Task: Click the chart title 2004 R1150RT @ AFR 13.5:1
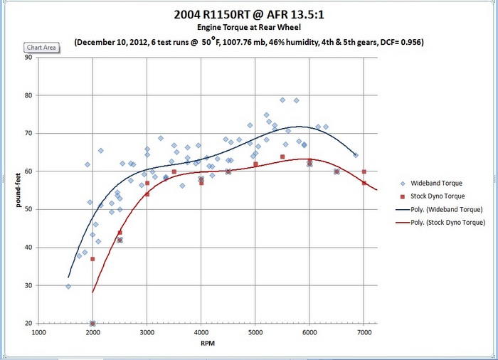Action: [x=248, y=14]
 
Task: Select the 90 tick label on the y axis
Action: [x=28, y=57]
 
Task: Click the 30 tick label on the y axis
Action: [x=28, y=285]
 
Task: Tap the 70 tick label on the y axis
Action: [x=28, y=133]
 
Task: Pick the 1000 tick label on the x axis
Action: [x=38, y=332]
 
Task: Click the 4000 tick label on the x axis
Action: [x=201, y=332]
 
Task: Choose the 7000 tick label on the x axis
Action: [x=364, y=332]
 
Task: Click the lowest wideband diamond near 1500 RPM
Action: [x=68, y=286]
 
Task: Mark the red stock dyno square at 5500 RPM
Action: [x=282, y=157]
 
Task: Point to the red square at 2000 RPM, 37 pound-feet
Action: [x=92, y=259]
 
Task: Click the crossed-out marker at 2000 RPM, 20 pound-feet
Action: [x=92, y=323]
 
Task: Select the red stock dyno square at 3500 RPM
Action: [x=174, y=171]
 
